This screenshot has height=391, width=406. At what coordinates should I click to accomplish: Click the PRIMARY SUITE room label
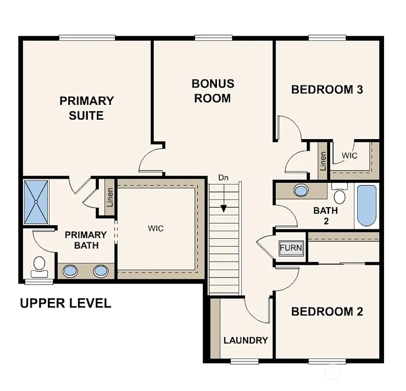pos(87,108)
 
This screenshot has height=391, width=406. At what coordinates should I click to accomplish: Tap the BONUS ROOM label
pos(213,91)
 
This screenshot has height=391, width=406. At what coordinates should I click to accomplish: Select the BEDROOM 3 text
pos(327,90)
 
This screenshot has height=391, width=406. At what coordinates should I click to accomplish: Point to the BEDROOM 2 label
pos(327,312)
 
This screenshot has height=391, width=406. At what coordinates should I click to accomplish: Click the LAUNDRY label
pos(246,340)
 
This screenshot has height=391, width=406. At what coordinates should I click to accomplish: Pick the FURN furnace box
pos(291,248)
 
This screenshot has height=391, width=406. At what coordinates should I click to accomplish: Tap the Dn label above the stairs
pos(223,178)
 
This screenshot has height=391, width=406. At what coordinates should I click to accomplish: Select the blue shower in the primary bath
pos(36,201)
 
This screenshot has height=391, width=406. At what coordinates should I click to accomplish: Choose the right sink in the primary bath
pos(101,271)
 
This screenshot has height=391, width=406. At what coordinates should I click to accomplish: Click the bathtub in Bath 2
pos(366,206)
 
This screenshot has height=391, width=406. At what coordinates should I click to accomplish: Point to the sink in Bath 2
pos(301,191)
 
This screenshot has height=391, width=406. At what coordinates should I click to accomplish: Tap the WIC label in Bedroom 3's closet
pos(349,155)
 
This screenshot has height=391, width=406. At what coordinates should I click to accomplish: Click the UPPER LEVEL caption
pos(65,303)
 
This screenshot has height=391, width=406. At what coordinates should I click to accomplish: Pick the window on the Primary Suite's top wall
pos(87,37)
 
